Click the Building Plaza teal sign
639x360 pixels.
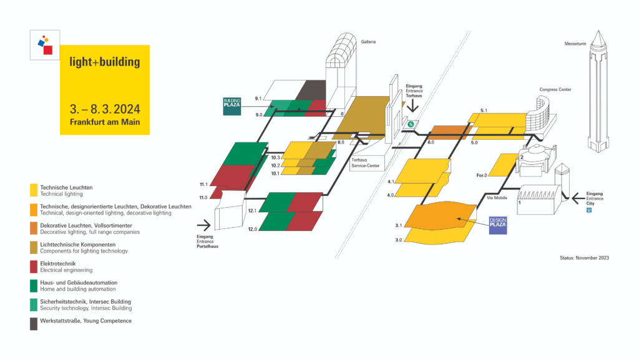[x=232, y=106]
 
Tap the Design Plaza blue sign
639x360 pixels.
[x=498, y=226]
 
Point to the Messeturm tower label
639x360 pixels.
[x=575, y=44]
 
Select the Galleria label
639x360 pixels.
[x=368, y=42]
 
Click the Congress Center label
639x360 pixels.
[x=555, y=90]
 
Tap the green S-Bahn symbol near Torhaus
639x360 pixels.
[x=411, y=124]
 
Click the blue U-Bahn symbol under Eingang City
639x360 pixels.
[x=589, y=210]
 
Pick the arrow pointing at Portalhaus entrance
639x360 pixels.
[x=204, y=225]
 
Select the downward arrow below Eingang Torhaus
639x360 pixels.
[x=413, y=106]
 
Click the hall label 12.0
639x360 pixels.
[x=253, y=229]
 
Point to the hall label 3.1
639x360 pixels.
[x=399, y=226]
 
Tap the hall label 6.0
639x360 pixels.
[x=431, y=142]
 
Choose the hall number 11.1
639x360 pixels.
[x=203, y=185]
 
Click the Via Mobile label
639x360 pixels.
[x=497, y=198]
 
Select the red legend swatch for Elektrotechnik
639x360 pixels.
[x=34, y=267]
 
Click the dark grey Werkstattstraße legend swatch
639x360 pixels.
[x=34, y=324]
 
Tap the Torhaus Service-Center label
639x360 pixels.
[x=366, y=163]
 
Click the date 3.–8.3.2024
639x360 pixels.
[x=105, y=109]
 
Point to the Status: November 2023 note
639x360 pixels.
[x=584, y=258]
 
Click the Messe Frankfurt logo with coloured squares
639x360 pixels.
[x=45, y=45]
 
